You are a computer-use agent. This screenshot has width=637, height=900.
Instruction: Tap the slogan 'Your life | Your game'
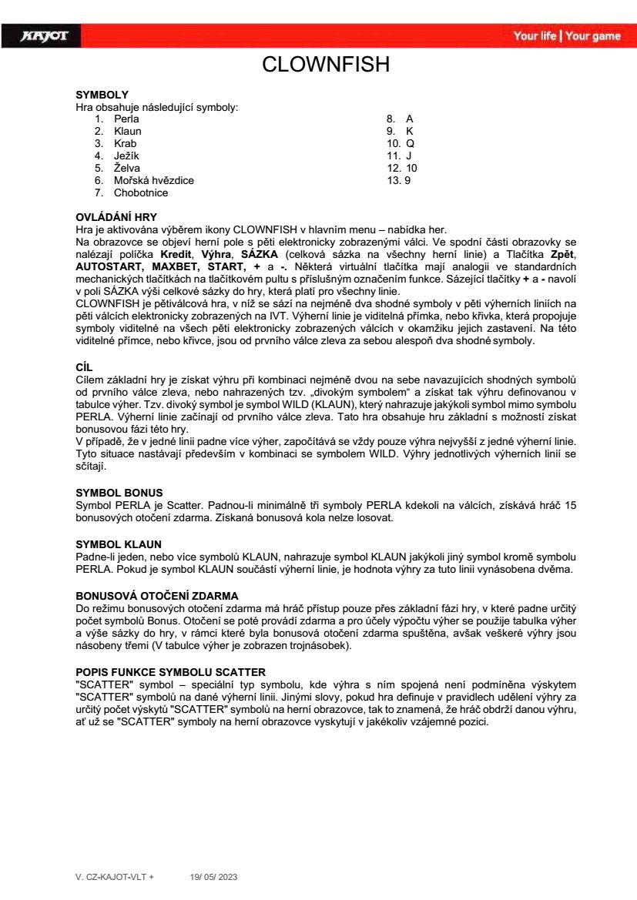click(x=566, y=36)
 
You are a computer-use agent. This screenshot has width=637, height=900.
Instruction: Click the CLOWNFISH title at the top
click(x=326, y=65)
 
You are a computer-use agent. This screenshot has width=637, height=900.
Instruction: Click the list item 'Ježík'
click(x=126, y=156)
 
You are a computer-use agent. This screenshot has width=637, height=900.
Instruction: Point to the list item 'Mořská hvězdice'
click(x=154, y=180)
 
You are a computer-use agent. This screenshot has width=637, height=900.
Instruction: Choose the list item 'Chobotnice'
click(x=141, y=192)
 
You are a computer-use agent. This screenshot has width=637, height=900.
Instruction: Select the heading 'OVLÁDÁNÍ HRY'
click(x=116, y=217)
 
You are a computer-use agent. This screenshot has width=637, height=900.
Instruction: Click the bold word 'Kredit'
click(x=176, y=253)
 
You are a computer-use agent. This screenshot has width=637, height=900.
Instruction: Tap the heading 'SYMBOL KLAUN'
click(x=119, y=544)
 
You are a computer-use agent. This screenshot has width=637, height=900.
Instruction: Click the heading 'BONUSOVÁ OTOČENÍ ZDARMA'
click(x=157, y=596)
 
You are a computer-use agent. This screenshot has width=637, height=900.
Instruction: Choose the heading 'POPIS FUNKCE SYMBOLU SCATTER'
click(x=170, y=671)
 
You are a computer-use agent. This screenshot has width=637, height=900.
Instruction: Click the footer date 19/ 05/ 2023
click(x=214, y=877)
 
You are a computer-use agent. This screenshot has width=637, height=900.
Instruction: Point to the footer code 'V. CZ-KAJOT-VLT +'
click(x=115, y=877)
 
